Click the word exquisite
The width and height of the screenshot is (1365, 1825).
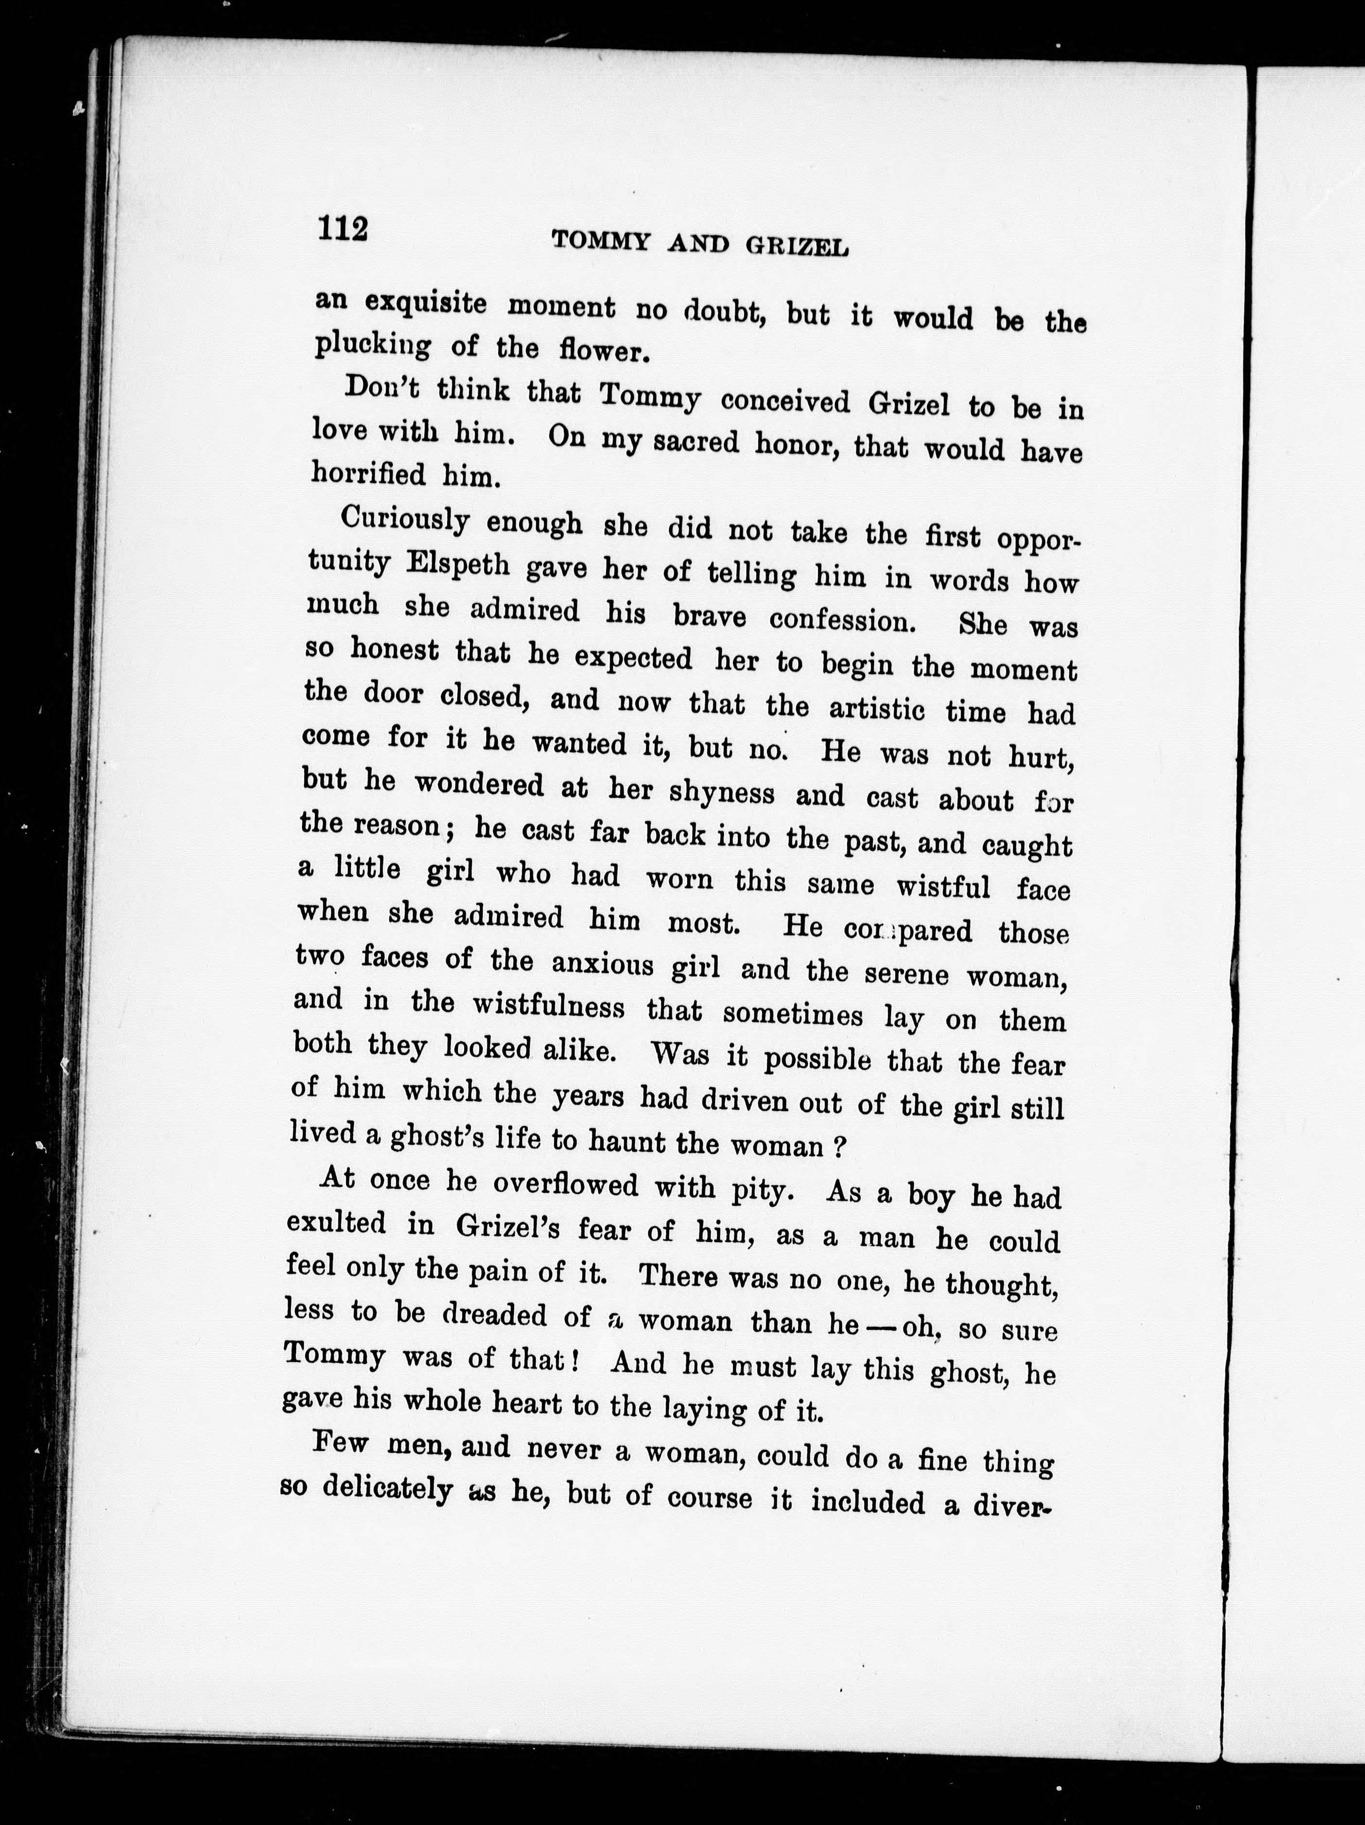point(425,303)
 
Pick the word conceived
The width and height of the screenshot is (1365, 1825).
point(785,402)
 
